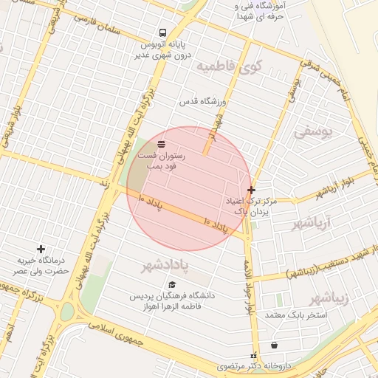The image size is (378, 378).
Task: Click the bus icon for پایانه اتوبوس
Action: [x=162, y=32]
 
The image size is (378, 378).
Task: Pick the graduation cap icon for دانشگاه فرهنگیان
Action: [x=172, y=284]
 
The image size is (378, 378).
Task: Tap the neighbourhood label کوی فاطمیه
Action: [x=230, y=67]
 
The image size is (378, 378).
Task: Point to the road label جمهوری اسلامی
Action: [x=110, y=329]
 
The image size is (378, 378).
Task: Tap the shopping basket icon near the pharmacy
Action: [x=275, y=345]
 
